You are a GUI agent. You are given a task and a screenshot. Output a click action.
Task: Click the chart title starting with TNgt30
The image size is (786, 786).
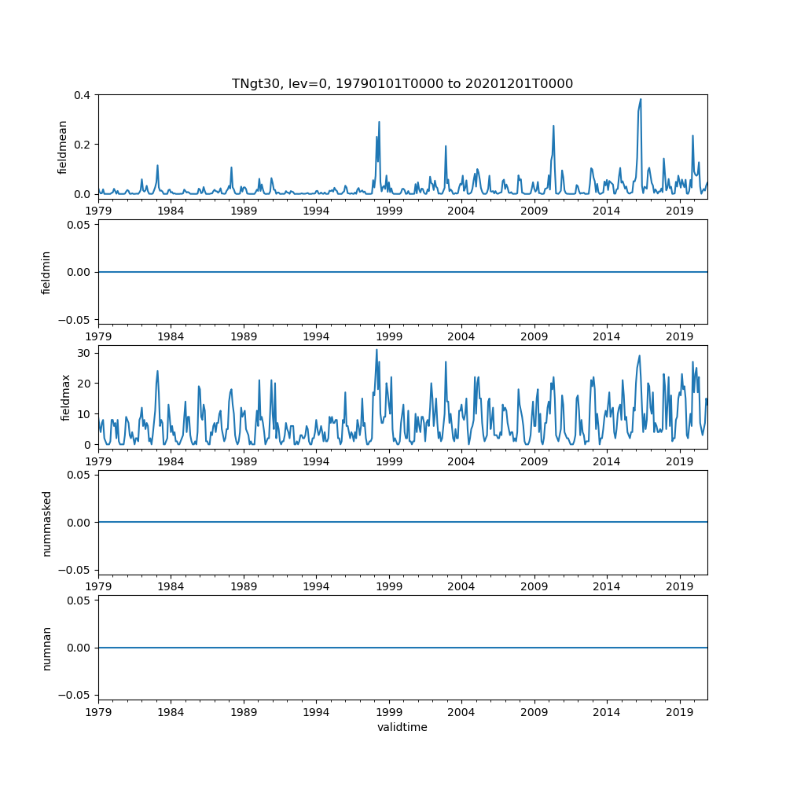pos(402,83)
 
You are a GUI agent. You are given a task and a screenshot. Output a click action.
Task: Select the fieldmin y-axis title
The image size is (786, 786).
pos(46,272)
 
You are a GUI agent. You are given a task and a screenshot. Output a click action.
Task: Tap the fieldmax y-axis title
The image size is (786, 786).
pos(66,397)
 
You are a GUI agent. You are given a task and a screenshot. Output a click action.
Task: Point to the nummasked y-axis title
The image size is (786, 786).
pos(46,523)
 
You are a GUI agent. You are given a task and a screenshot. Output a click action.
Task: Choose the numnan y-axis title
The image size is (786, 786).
pos(46,648)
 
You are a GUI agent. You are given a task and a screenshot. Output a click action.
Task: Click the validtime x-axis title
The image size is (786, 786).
pos(402,727)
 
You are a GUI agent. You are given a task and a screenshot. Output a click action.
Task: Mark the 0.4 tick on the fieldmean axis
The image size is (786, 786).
pos(82,95)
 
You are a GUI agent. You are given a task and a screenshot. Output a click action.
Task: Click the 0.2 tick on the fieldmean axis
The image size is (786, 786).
pos(82,145)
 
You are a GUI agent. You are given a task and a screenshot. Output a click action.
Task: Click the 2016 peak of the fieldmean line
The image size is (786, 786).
pos(641,100)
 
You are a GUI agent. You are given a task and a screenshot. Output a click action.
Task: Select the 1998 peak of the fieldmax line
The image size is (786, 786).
pos(376,350)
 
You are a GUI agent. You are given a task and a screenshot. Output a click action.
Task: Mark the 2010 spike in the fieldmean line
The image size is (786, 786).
pos(553,126)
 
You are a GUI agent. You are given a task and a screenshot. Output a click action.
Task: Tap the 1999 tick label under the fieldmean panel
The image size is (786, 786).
pos(389,211)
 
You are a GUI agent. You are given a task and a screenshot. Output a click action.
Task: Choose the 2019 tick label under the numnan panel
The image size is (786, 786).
pos(679,711)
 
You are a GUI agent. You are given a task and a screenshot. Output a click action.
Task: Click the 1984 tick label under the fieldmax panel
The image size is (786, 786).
pos(171,461)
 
